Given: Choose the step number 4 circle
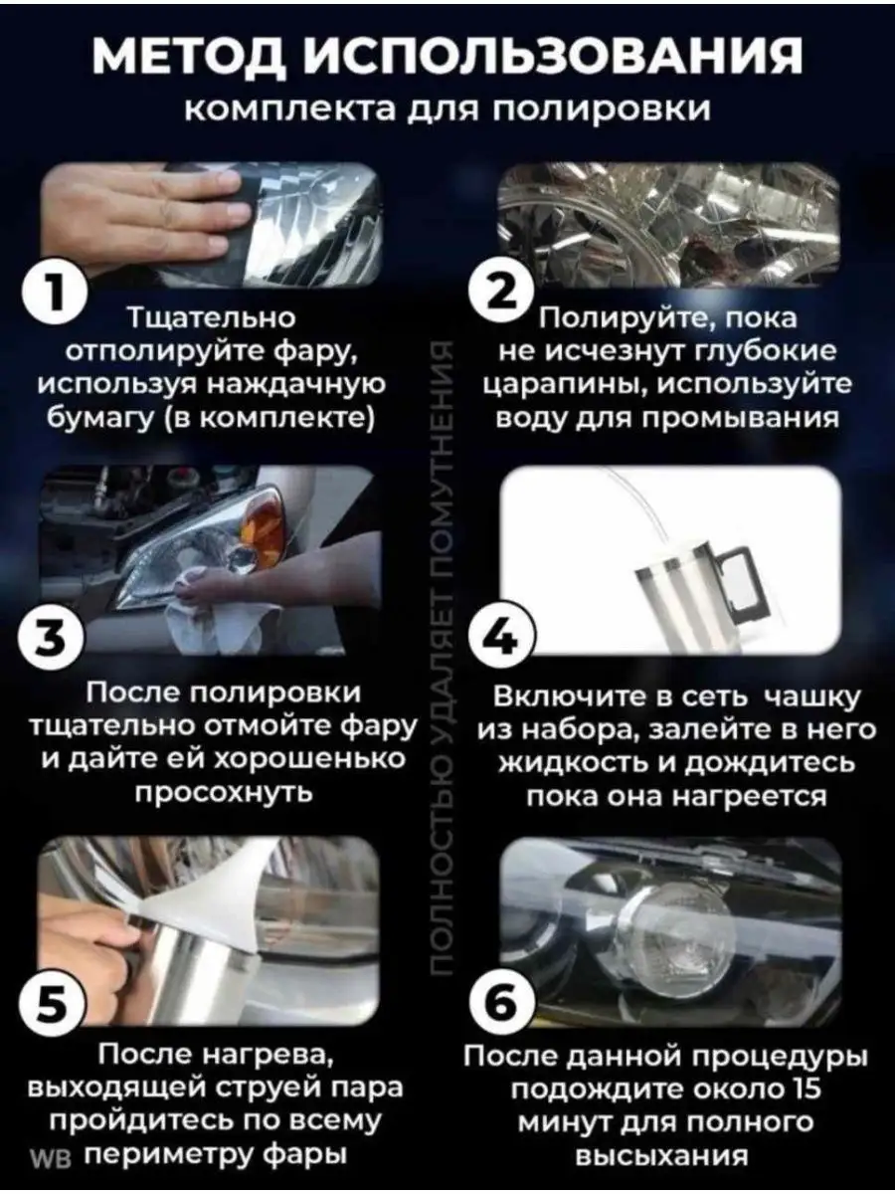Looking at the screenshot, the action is [506, 639].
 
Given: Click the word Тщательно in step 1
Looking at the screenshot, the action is [212, 317].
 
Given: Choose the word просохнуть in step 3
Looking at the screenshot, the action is [224, 794].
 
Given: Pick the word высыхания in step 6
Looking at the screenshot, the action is [661, 1156].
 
